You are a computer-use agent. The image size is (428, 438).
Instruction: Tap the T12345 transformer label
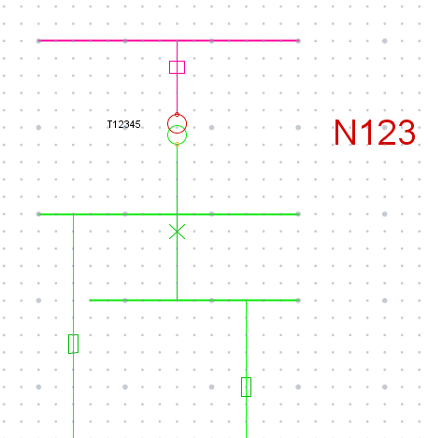tap(124, 124)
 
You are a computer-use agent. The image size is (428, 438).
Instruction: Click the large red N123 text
tap(375, 133)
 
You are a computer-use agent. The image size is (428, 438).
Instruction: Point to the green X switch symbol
tap(177, 232)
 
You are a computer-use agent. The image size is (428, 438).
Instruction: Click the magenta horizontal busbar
tap(168, 40)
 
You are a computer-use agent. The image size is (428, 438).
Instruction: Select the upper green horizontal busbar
tap(168, 214)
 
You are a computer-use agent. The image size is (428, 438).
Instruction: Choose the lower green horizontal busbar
tap(194, 301)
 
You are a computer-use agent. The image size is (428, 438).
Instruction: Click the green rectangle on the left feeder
tap(69, 344)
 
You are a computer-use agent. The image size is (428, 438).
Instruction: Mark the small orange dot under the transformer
tap(177, 145)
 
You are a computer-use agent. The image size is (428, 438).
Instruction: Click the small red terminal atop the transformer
tap(177, 115)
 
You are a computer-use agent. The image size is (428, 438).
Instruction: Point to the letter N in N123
tap(345, 133)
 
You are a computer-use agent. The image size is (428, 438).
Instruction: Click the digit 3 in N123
tap(407, 133)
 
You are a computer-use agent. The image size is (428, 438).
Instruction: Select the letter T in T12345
tap(109, 124)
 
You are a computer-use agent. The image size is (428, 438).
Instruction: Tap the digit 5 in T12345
tap(138, 125)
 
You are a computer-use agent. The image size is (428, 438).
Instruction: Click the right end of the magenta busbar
tap(299, 40)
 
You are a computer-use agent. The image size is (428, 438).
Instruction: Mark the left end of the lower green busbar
tap(90, 301)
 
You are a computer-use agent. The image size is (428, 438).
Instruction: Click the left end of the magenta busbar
tap(38, 40)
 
